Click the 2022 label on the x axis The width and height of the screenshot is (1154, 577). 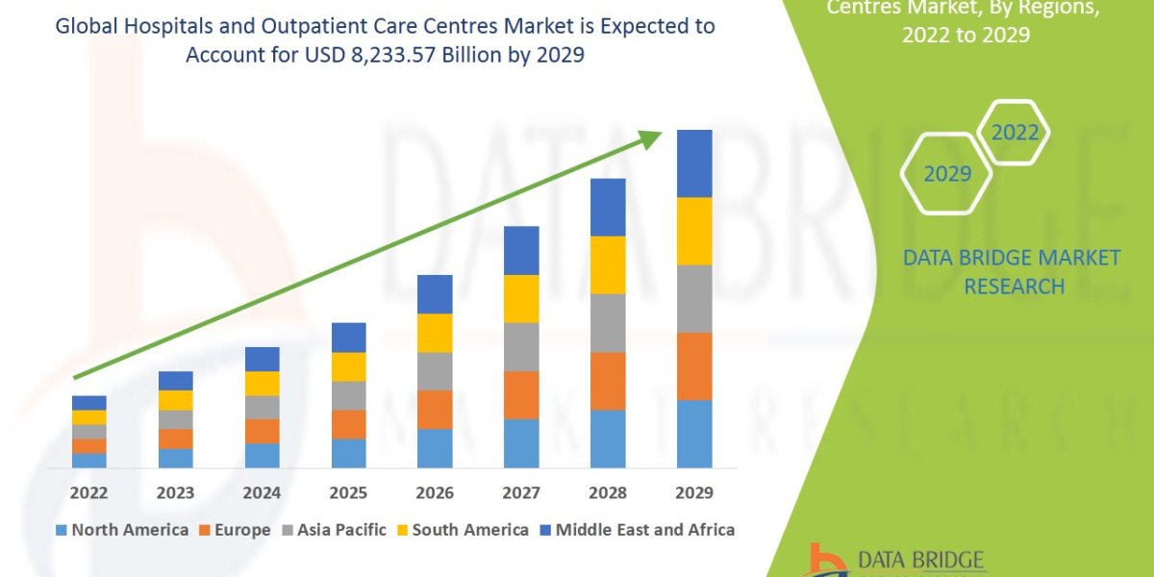point(88,493)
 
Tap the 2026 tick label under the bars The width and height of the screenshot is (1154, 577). point(435,493)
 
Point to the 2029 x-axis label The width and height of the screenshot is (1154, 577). point(694,493)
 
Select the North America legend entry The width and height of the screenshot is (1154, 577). point(122,530)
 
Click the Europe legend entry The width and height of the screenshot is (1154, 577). point(236,530)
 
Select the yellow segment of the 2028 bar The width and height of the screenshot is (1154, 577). point(608,264)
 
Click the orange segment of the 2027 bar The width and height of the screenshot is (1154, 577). point(521,394)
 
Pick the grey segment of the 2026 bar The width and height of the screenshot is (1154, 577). point(435,370)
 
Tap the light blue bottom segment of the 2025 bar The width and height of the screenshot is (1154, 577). point(348,453)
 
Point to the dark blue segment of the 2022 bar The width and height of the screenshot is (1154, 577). point(88,402)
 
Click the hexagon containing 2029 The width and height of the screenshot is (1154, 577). point(946,174)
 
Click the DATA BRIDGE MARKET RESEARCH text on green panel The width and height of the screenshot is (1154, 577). point(1013,272)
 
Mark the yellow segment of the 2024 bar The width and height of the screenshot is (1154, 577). point(262,383)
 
